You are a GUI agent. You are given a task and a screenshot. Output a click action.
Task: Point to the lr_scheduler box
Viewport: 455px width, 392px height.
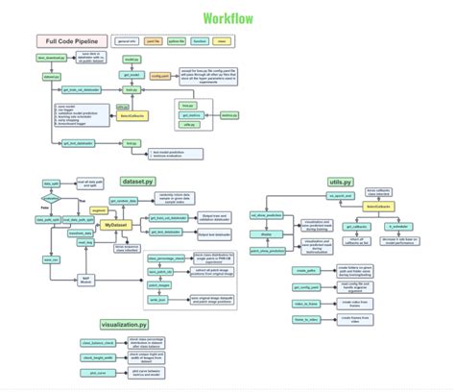pos(399,227)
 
